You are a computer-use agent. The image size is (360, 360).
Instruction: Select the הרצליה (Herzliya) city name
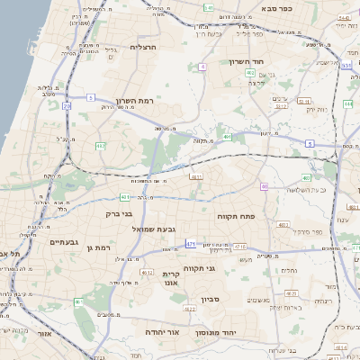click(x=143, y=47)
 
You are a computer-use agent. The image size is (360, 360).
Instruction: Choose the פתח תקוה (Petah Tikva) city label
click(x=236, y=217)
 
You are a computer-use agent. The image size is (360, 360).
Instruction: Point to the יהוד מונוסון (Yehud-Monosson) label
click(x=216, y=332)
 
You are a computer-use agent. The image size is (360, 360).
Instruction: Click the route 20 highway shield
click(x=67, y=105)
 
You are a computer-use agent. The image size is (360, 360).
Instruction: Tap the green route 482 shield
click(x=100, y=145)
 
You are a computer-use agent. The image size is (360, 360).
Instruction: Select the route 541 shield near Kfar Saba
click(x=208, y=7)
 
